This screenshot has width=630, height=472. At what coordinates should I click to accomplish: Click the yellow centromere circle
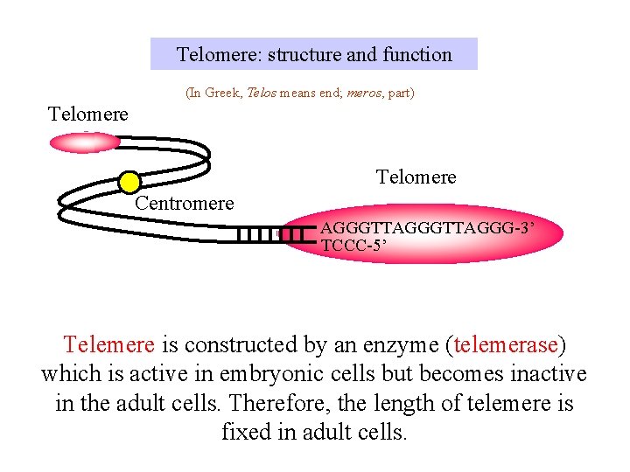tap(129, 182)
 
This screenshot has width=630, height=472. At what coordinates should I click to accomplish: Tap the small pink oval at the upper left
tap(85, 142)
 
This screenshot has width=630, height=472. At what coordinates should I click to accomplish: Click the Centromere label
tap(185, 204)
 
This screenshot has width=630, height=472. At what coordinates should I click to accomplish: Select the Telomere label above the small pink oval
tap(88, 115)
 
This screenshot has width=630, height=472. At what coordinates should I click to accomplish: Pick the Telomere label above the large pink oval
tap(416, 177)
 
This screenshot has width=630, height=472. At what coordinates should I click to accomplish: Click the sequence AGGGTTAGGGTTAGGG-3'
tap(426, 228)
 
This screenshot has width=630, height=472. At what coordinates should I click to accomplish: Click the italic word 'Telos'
tap(262, 92)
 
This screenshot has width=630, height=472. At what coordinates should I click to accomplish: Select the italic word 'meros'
tap(363, 92)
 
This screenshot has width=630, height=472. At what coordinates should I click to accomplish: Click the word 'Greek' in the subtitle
tap(222, 92)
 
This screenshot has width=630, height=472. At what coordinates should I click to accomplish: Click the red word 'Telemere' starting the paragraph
tap(109, 345)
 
